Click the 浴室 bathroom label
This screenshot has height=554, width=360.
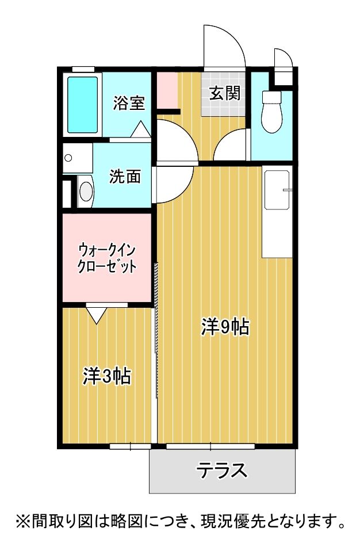[x=128, y=104]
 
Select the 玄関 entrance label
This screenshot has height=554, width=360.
[x=224, y=93]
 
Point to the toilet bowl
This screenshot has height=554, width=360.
[x=270, y=112]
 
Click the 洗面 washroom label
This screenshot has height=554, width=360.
[x=125, y=177]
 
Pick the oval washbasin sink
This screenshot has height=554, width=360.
[x=86, y=192]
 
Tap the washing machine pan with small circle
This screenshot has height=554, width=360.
[x=77, y=158]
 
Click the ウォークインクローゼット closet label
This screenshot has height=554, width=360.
[x=106, y=258]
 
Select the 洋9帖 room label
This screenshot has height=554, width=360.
[x=224, y=327]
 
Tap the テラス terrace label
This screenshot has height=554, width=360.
[x=222, y=471]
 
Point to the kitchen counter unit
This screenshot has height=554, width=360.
[x=277, y=211]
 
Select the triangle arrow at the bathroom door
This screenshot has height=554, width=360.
[x=140, y=130]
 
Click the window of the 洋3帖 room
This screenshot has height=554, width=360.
[x=130, y=446]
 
